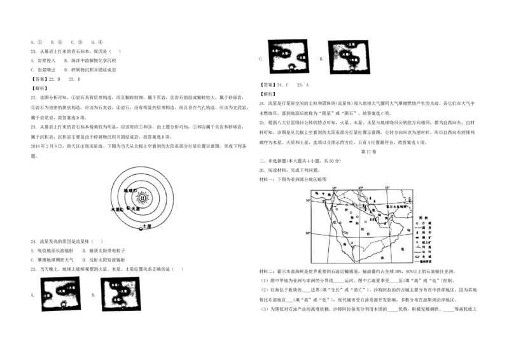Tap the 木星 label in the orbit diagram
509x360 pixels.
[116, 208]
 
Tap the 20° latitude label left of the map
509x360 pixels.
[307, 233]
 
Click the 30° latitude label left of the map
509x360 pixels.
[307, 201]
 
